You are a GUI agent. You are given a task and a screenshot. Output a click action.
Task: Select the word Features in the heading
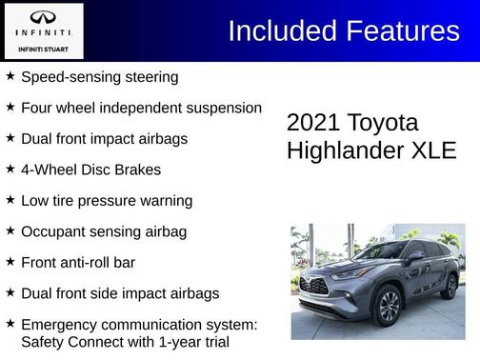point(404,31)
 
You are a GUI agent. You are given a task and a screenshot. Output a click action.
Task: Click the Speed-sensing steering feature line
point(99,76)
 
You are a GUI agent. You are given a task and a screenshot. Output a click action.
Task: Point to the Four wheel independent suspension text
point(140,108)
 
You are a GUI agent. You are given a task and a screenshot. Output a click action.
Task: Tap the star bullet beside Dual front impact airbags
point(10,138)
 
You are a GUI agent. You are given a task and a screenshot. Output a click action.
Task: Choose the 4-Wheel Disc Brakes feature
point(90,170)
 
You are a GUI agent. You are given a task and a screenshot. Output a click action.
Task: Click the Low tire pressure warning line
point(106,201)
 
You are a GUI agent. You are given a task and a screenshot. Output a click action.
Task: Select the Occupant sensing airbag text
point(103,231)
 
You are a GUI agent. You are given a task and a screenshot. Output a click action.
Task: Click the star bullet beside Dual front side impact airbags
point(10,292)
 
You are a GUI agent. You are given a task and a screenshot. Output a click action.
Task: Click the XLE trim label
point(435,151)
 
